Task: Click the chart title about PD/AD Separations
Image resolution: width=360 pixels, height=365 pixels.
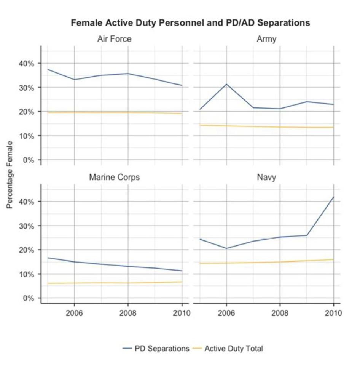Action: (190, 23)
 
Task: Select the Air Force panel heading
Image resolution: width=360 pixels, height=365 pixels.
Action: (115, 39)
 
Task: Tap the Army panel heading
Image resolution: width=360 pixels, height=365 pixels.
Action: (266, 39)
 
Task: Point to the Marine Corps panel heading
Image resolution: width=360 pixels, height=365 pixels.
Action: (115, 178)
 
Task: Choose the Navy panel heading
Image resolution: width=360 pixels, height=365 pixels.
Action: (266, 178)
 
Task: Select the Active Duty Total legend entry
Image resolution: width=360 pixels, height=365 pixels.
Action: (229, 348)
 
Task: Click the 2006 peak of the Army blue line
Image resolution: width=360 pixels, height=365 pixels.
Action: (226, 84)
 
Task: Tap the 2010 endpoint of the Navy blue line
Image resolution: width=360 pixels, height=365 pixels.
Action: (333, 197)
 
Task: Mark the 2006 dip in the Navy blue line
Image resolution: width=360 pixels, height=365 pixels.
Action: (226, 248)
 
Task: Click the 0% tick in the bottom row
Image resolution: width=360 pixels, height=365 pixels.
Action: (28, 298)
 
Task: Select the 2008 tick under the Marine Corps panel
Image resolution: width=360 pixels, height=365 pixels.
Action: (128, 314)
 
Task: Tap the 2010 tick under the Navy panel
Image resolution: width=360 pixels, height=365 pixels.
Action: (333, 314)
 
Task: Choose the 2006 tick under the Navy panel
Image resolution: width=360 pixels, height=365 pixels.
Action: (226, 314)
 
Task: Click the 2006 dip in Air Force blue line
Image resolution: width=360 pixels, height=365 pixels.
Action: (74, 80)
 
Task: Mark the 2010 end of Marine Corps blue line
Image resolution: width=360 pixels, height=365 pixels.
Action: (182, 271)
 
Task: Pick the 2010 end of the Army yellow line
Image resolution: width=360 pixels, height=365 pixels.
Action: (333, 127)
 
